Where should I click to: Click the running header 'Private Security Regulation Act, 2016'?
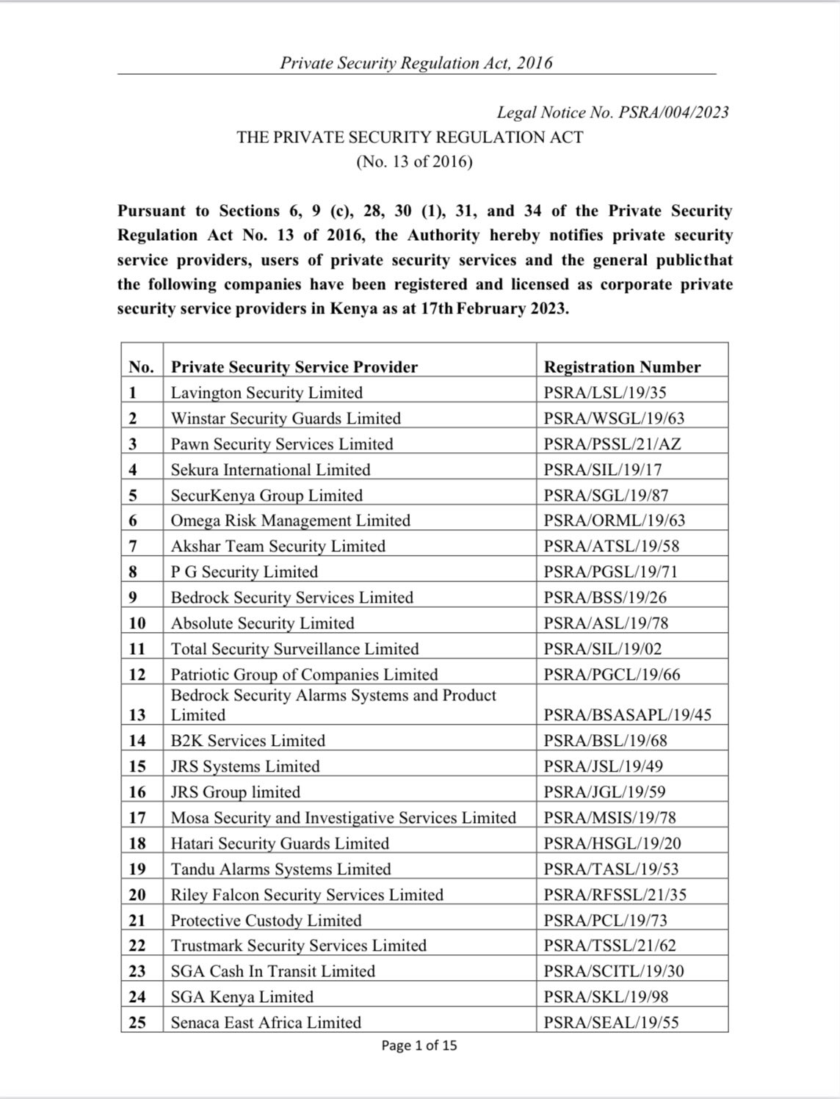416,63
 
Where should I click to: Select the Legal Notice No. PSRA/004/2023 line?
612,112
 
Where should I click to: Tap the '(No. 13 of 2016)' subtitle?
414,162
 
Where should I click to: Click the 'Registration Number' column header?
622,367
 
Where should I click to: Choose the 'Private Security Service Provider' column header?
294,367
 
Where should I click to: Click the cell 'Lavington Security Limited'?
267,393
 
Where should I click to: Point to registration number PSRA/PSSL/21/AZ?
612,444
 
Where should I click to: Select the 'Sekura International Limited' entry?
270,470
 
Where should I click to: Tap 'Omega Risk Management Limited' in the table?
290,521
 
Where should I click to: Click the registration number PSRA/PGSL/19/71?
610,572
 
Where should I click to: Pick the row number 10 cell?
137,623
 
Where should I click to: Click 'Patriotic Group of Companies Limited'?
304,675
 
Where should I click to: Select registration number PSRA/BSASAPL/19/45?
627,715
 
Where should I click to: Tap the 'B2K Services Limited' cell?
247,741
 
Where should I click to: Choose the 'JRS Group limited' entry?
235,792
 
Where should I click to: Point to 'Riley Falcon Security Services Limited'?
307,895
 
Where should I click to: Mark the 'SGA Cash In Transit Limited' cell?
272,971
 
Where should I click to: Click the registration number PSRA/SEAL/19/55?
611,1023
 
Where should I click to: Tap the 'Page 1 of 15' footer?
419,1045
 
